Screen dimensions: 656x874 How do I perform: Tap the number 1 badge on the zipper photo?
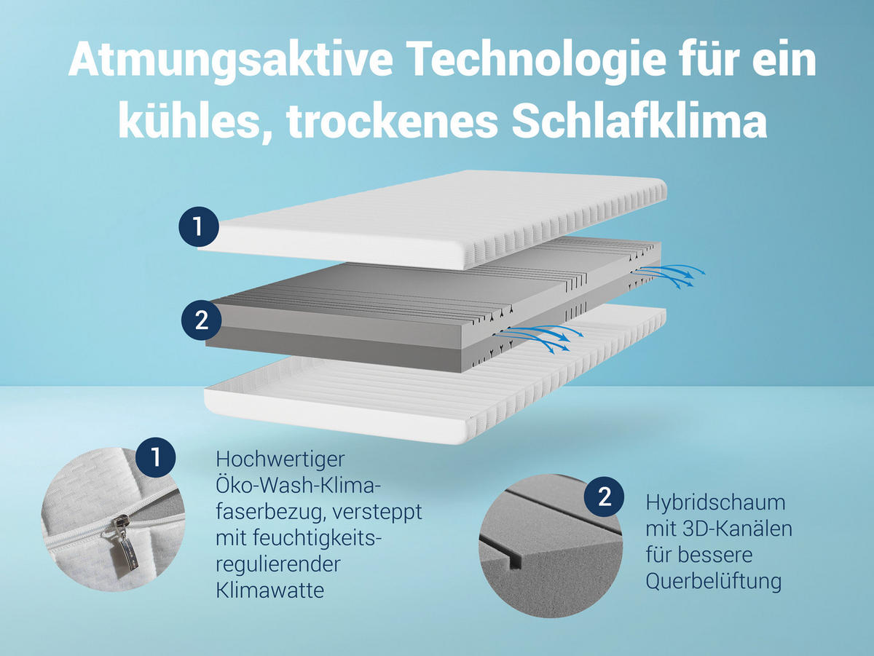(156, 457)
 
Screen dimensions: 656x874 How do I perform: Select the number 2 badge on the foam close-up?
(605, 497)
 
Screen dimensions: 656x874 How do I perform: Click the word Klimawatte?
(269, 590)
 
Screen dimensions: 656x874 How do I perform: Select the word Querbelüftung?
(714, 581)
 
